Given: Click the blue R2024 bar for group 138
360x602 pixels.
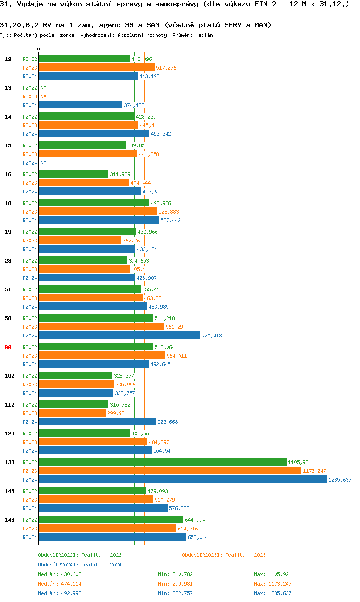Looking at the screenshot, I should click(182, 479).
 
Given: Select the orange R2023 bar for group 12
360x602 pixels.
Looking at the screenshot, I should click(96, 68).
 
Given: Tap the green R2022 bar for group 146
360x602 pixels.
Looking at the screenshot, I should click(111, 519).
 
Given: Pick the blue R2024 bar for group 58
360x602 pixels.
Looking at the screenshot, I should click(119, 335).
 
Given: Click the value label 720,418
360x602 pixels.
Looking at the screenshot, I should click(212, 336).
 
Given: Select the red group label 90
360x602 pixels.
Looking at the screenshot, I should click(8, 347).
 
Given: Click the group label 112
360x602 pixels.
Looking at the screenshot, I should click(9, 404).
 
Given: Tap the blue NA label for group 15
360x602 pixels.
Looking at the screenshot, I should click(43, 163).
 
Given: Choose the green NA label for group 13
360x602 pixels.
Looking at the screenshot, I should click(43, 88).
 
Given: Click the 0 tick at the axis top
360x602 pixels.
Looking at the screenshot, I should click(39, 49).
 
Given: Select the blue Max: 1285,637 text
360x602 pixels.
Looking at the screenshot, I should click(273, 593).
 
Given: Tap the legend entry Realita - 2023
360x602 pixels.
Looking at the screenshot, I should click(224, 555).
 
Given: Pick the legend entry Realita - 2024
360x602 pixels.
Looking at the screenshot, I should click(80, 565).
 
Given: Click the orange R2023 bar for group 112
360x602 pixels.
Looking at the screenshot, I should click(72, 413).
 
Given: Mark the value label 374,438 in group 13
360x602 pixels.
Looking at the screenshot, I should click(134, 105).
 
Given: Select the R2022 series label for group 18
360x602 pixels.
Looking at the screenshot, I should click(30, 203).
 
